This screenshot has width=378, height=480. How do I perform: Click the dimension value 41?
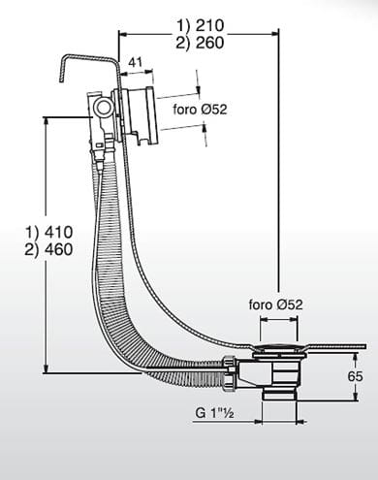(x=136, y=62)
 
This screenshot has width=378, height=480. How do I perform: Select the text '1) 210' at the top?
(x=200, y=25)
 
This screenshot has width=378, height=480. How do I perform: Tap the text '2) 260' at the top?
(x=200, y=43)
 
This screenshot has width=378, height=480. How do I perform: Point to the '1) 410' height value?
(x=49, y=232)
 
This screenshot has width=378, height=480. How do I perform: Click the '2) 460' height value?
(x=49, y=249)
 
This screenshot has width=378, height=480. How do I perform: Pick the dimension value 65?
(x=355, y=376)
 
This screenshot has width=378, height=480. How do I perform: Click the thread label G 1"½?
(x=214, y=413)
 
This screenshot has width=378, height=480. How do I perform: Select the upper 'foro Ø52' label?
(x=200, y=110)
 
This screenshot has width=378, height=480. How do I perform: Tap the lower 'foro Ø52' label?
(x=275, y=304)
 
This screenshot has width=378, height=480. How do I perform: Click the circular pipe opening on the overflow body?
(x=104, y=108)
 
